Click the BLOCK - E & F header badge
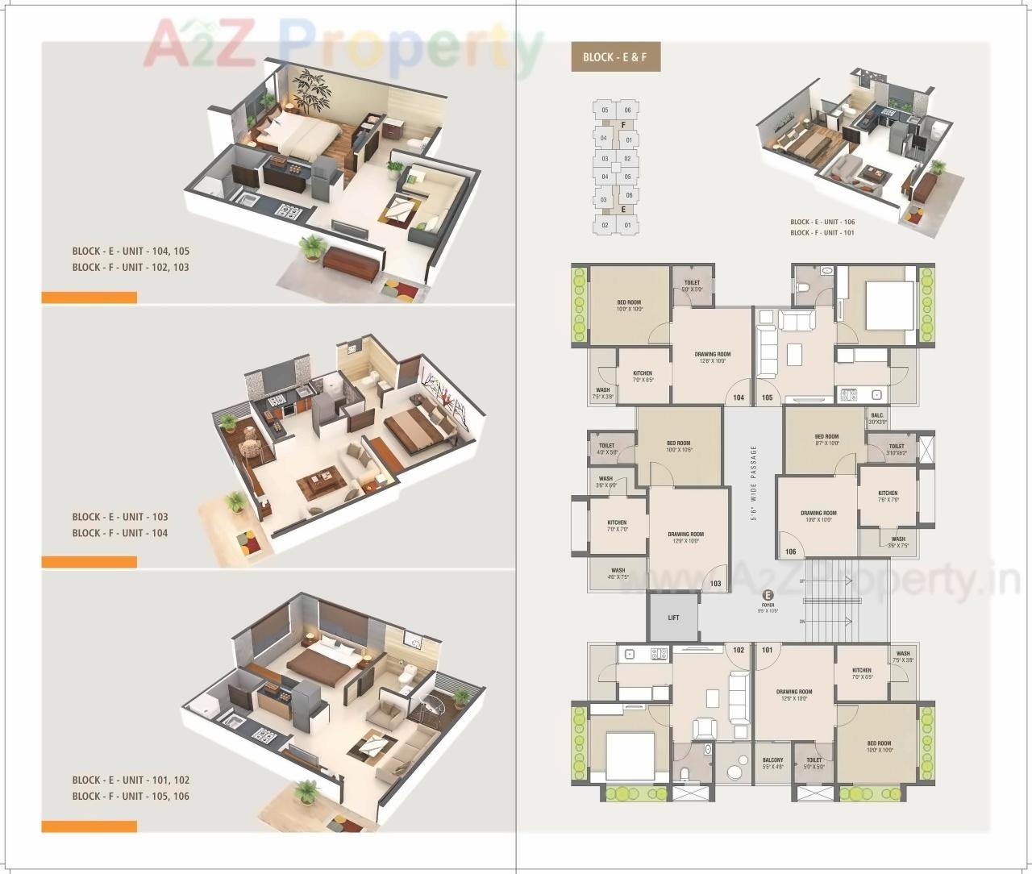point(615,57)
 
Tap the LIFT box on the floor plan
point(673,618)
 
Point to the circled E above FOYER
point(768,596)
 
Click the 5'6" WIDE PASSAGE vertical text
point(754,484)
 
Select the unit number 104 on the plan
point(739,397)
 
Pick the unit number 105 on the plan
point(767,397)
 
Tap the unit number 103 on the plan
point(715,584)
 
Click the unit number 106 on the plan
point(789,552)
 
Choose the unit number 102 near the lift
point(739,650)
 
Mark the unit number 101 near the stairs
point(767,650)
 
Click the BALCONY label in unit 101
point(772,760)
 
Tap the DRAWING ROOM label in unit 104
point(712,354)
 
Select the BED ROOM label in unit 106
point(826,437)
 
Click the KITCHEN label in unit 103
point(617,522)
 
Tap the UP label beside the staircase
point(801,581)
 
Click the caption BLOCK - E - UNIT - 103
point(120,517)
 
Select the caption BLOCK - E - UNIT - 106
point(822,222)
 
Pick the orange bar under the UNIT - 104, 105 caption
point(89,298)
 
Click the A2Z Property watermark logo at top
point(343,44)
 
